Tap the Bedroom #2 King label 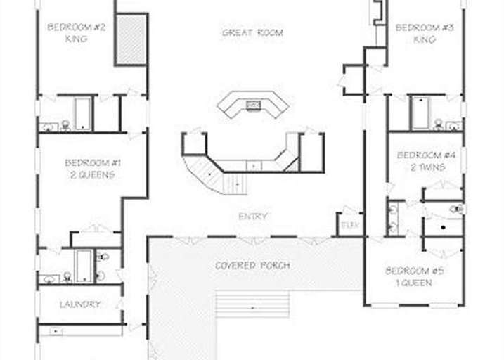click(x=77, y=33)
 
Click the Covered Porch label click(x=252, y=266)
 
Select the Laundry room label click(x=79, y=304)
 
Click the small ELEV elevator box click(x=349, y=226)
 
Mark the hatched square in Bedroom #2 click(x=130, y=39)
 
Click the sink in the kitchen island click(x=253, y=106)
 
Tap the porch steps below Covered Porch click(x=252, y=305)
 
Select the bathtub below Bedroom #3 click(x=420, y=112)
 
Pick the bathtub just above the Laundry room click(x=83, y=264)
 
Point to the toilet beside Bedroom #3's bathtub click(x=439, y=124)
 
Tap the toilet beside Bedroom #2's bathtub click(x=65, y=125)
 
